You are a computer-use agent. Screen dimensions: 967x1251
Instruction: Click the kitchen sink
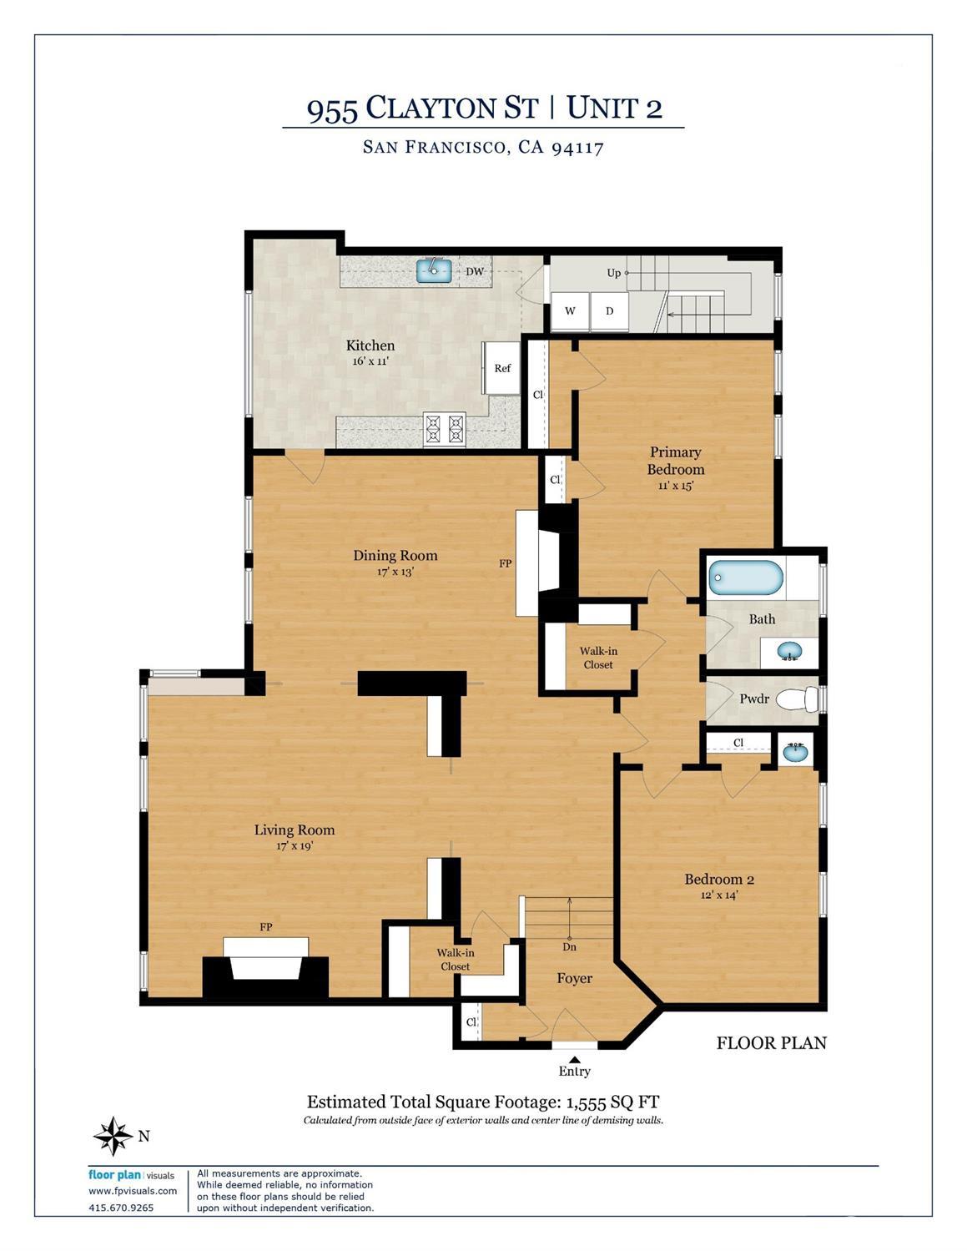434,270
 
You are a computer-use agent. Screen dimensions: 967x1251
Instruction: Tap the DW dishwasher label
475,271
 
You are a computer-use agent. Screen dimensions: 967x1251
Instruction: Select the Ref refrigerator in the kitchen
502,368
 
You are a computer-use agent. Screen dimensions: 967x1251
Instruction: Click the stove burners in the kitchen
444,429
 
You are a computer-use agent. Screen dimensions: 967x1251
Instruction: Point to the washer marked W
570,311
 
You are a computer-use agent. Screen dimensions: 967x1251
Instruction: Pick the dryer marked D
609,311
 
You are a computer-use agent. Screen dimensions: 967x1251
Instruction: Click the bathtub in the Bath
746,578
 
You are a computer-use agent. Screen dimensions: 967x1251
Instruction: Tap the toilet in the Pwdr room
797,699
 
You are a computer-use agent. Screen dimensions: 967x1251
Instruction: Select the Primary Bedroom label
676,461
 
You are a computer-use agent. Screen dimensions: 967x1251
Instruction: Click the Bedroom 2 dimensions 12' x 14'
719,895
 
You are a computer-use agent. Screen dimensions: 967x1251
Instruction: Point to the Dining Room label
395,556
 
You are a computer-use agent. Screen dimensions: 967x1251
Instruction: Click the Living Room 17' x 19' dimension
295,845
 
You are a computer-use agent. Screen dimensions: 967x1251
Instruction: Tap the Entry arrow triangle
575,1058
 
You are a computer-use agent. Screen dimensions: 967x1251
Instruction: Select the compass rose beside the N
114,1136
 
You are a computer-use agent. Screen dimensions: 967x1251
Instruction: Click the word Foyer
575,978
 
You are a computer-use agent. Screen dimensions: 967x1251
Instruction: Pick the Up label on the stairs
613,273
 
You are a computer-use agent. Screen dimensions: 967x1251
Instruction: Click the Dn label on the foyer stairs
569,946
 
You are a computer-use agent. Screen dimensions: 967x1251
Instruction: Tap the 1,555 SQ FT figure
612,1102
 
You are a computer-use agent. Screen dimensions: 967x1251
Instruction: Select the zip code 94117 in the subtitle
577,148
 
